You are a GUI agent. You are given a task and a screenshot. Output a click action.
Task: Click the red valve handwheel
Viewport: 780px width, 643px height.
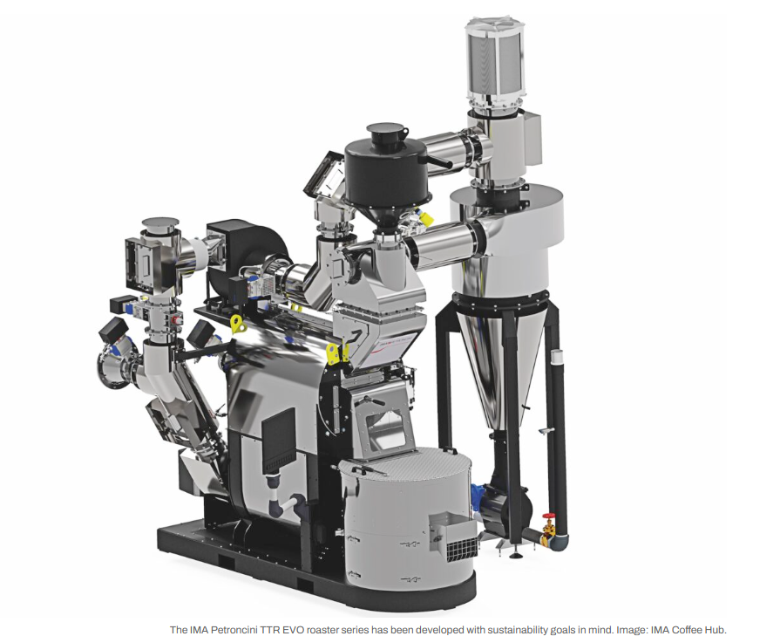pos(548,516)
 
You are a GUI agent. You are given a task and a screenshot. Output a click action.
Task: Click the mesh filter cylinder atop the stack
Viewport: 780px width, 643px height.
pos(497,60)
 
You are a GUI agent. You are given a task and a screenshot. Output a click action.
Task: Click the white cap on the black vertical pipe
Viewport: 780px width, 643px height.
pos(557,357)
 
